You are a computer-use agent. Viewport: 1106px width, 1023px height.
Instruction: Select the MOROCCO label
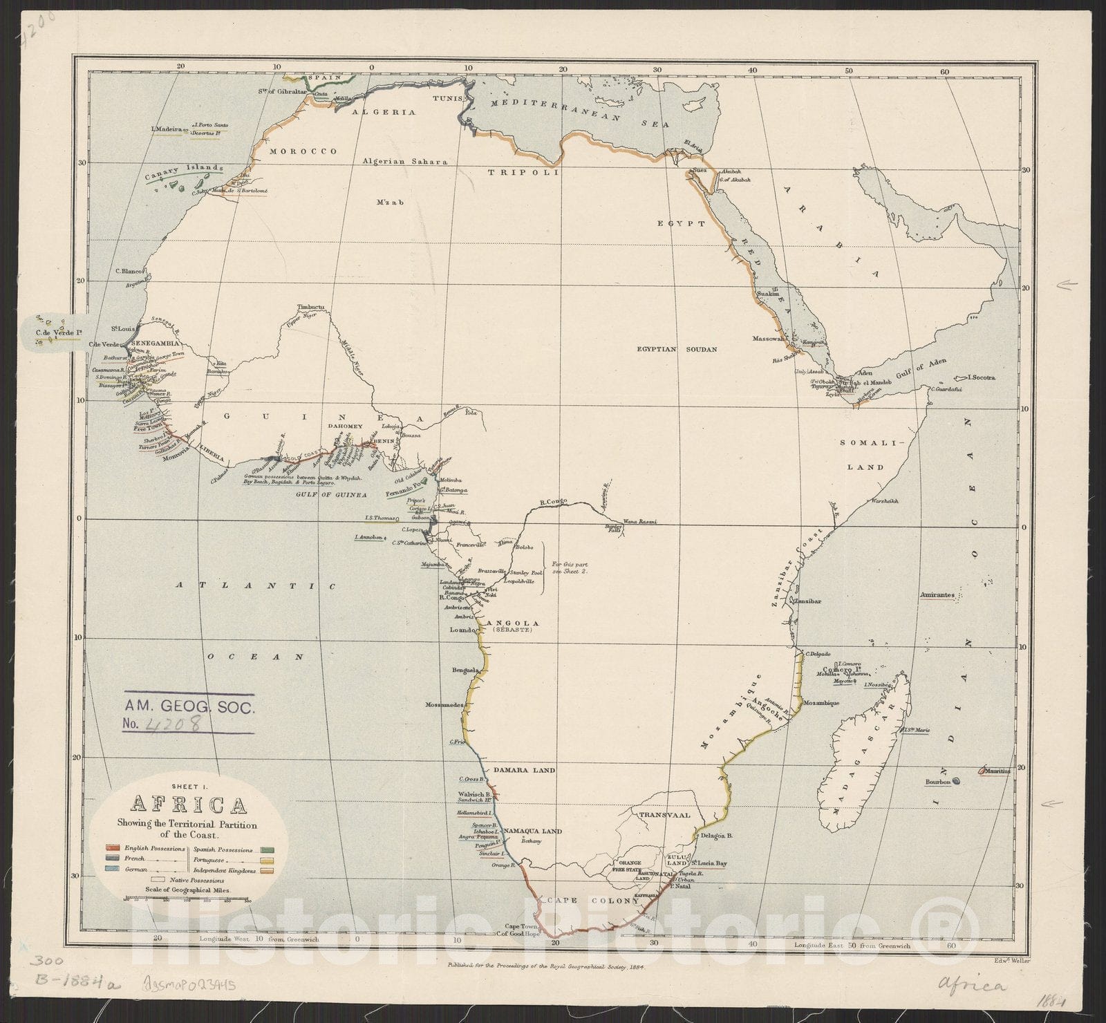click(x=303, y=151)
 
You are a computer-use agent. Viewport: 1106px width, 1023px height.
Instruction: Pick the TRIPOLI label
click(x=523, y=172)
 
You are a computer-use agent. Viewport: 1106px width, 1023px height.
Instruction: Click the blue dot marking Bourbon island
click(x=956, y=781)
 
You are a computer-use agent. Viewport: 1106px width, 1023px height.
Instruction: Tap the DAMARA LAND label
click(x=524, y=770)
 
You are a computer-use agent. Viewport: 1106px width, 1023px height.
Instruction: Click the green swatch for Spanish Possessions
click(x=263, y=847)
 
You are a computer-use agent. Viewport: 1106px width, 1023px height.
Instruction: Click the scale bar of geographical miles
click(x=186, y=900)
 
